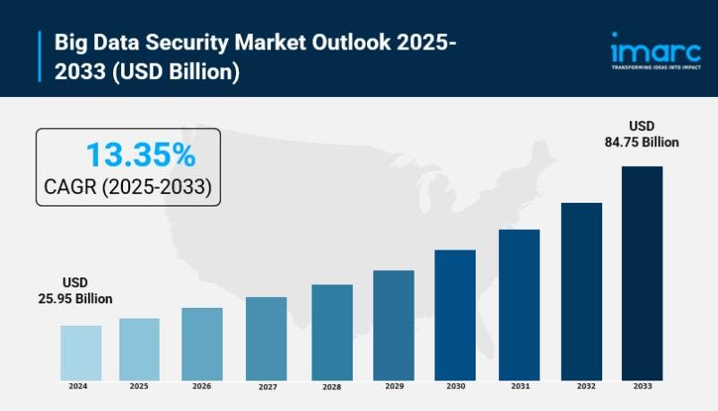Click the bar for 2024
click(x=81, y=352)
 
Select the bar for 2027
click(x=266, y=337)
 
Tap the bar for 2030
click(x=455, y=314)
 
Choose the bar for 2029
click(x=393, y=324)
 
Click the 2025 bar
click(x=139, y=348)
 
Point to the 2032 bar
click(x=582, y=291)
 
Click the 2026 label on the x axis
click(x=202, y=386)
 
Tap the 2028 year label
click(x=331, y=387)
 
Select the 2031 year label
click(x=519, y=386)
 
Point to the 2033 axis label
click(x=643, y=386)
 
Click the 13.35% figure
click(x=140, y=155)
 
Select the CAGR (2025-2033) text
click(x=128, y=188)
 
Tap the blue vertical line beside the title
click(x=41, y=57)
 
